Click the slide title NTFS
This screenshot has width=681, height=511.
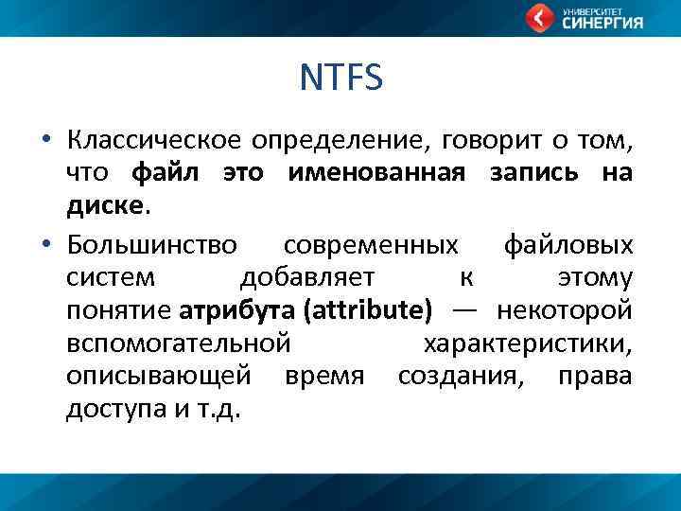(x=340, y=79)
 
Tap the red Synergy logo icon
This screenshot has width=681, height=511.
(x=540, y=18)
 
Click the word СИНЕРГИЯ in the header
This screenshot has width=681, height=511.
(x=602, y=24)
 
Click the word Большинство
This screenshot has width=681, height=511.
(x=152, y=246)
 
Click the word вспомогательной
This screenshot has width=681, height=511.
(x=177, y=343)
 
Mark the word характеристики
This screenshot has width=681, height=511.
(x=528, y=343)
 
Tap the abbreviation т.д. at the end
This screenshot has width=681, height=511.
(x=224, y=408)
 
